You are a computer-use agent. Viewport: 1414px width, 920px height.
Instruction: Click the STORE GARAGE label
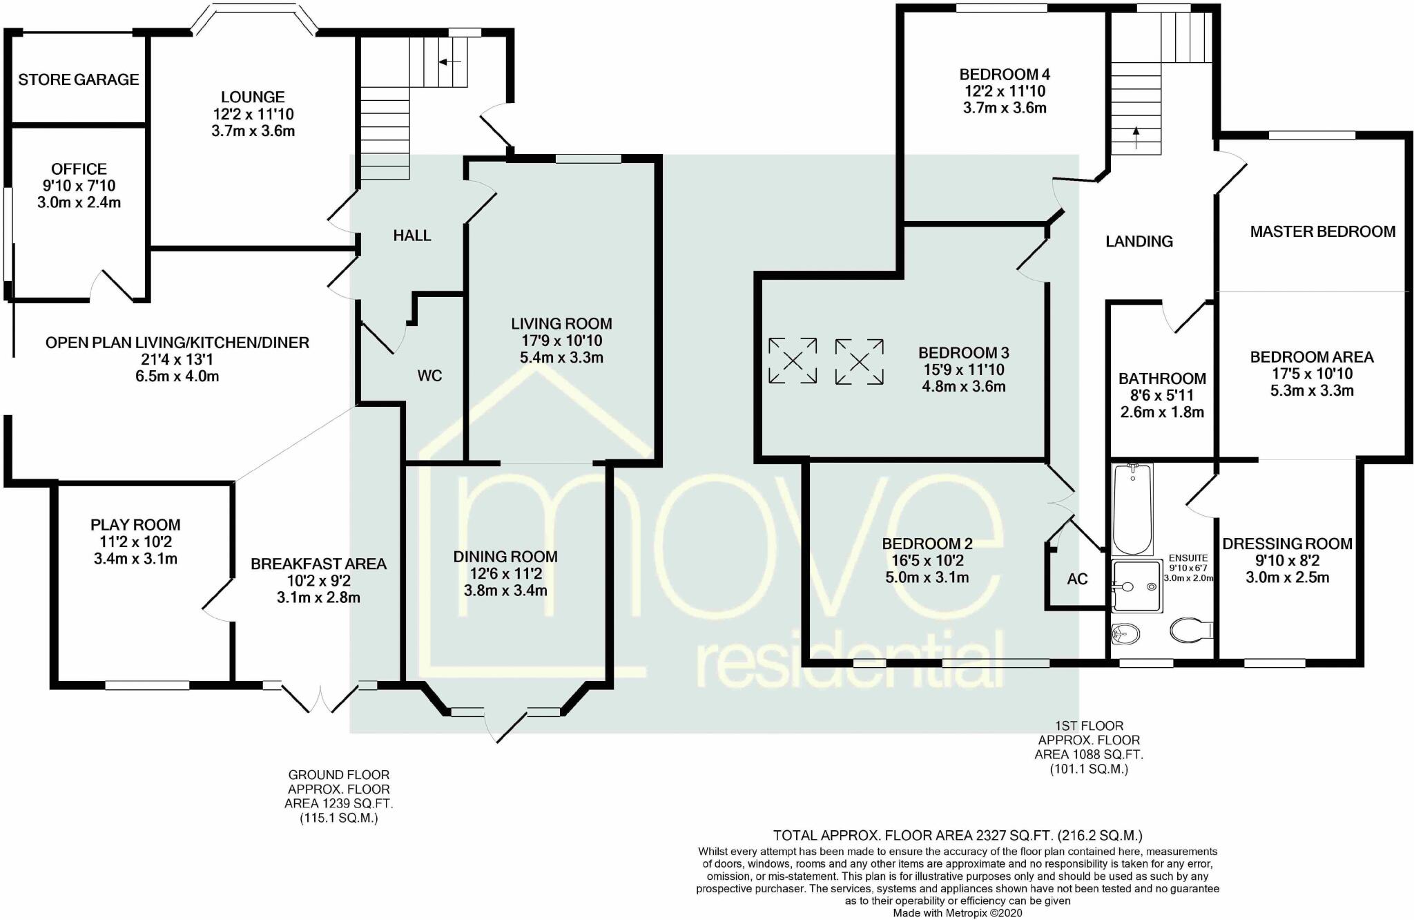click(79, 80)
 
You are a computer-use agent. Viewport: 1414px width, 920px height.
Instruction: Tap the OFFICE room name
click(79, 169)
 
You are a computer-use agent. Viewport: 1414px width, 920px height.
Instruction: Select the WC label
click(429, 376)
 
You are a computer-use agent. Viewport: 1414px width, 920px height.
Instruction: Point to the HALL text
click(412, 236)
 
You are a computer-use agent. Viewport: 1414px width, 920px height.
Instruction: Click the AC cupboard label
click(1077, 579)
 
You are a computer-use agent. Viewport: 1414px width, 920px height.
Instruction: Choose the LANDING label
click(1139, 241)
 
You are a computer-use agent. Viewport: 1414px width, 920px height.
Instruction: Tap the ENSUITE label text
click(1188, 558)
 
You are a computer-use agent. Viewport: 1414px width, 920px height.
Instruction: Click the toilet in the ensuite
click(1190, 629)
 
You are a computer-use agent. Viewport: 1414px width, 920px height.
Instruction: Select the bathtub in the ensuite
click(1132, 510)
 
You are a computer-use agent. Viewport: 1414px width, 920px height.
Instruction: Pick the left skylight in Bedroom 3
click(793, 361)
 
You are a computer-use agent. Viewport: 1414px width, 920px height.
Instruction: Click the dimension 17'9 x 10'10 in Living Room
click(561, 341)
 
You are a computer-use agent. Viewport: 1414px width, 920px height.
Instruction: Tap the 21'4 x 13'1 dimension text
click(177, 360)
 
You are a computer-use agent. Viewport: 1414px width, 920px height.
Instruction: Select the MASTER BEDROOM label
click(1322, 231)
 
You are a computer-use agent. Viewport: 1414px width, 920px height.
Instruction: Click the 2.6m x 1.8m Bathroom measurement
click(1162, 412)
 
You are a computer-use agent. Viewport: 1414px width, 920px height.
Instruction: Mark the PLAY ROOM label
click(135, 525)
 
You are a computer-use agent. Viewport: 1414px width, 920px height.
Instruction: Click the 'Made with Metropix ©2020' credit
click(957, 913)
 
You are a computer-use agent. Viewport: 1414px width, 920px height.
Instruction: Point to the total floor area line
click(957, 835)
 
